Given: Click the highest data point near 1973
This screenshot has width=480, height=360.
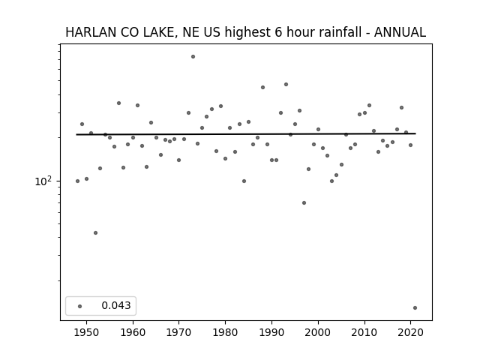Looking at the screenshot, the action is click(x=193, y=57).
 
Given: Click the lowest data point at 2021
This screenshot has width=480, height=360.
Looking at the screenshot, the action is click(x=415, y=308).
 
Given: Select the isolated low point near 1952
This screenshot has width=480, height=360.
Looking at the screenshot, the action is click(x=95, y=233).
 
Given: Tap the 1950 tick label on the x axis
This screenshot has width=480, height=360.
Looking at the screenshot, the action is click(x=86, y=332).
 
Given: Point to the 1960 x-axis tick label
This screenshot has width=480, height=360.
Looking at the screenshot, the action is click(x=133, y=332).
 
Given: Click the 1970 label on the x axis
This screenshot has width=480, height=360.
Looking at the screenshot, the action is click(x=178, y=332).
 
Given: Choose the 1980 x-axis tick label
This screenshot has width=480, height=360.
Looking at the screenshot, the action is click(x=225, y=332).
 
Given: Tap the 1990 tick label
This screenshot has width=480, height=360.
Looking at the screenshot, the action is click(x=271, y=332).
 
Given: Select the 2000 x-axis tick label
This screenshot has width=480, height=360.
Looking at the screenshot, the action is click(x=318, y=332).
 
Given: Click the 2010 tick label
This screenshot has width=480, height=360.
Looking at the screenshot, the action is click(x=364, y=332).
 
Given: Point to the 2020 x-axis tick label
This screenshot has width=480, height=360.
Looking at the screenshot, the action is click(x=411, y=332).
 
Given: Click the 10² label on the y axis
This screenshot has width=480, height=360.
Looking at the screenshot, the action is click(x=43, y=181).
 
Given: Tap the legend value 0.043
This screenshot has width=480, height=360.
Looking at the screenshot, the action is click(x=116, y=305).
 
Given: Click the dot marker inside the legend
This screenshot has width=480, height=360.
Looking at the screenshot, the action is click(x=79, y=306).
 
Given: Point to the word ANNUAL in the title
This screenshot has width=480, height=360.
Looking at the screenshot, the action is click(x=400, y=32).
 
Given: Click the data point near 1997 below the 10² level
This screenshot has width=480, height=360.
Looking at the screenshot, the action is click(x=304, y=203).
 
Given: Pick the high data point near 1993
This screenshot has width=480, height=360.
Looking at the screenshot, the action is click(x=286, y=85).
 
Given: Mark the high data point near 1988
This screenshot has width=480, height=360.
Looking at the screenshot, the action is click(x=262, y=88).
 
